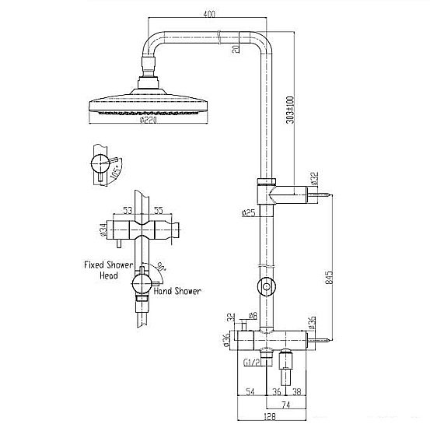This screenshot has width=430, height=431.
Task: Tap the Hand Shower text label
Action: [178, 291]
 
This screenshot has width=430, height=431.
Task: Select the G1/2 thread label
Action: [251, 361]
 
